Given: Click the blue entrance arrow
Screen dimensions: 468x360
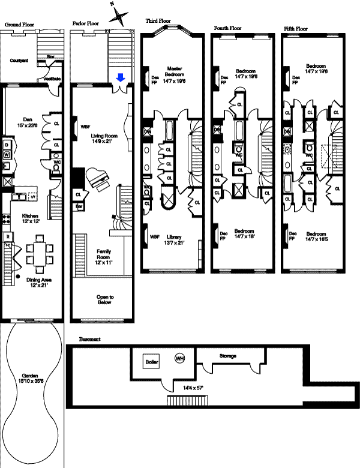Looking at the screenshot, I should click(120, 77).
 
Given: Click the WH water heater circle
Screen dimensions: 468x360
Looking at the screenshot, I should click(179, 358).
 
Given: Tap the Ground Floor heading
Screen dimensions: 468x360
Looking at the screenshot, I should click(20, 25).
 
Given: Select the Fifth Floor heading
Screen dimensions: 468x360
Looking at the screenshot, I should click(296, 28).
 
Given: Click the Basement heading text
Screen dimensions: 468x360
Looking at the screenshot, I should click(89, 339).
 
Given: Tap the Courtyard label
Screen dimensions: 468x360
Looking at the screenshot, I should click(20, 61).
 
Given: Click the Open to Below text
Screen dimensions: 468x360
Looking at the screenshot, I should click(105, 299).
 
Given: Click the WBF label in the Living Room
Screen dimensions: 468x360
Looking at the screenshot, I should click(84, 127).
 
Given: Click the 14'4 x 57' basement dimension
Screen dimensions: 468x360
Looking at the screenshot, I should click(193, 388).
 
